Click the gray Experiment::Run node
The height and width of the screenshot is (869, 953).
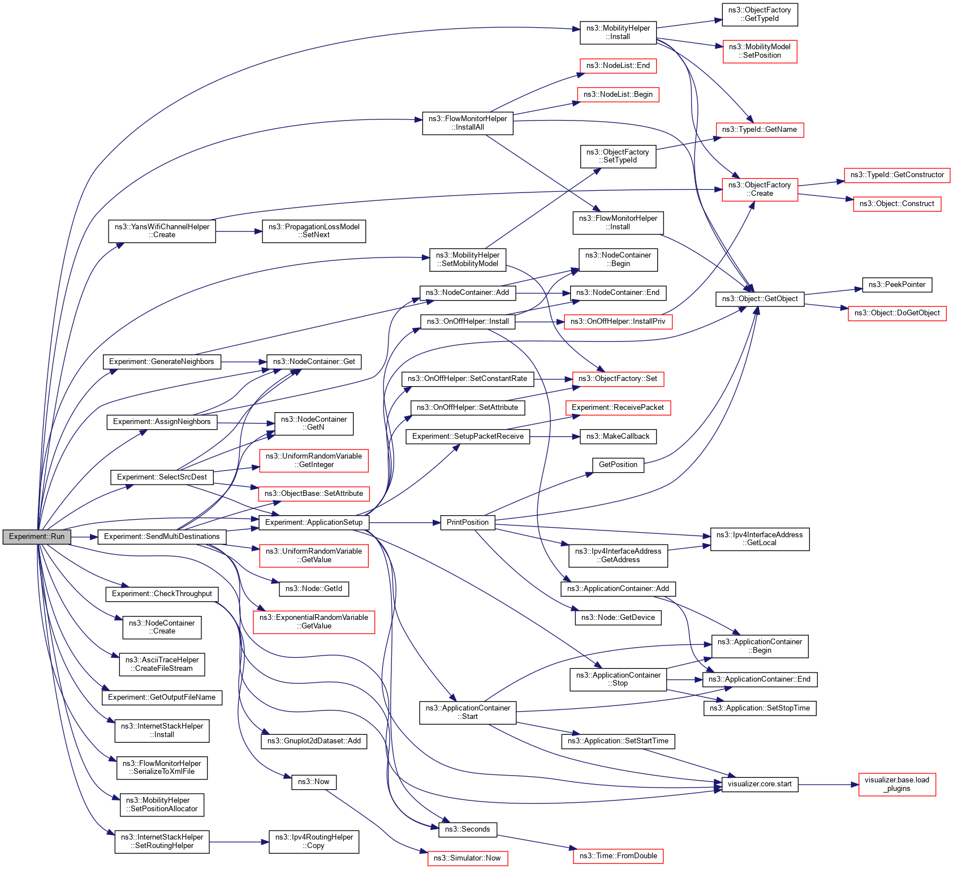pos(37,537)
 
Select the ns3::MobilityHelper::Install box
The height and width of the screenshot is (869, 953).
pos(618,32)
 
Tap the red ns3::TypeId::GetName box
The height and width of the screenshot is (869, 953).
pos(759,130)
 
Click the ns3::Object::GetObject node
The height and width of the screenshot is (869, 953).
pos(760,299)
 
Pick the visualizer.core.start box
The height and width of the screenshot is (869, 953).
pos(760,784)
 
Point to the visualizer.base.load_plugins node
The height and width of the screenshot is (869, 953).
pos(896,784)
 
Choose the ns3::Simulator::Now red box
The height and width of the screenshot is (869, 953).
pos(467,858)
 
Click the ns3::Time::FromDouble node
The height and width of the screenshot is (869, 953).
pos(618,856)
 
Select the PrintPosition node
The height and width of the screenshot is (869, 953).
pos(467,523)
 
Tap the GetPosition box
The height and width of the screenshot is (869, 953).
pos(618,465)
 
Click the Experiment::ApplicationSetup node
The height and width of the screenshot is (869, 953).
pos(313,523)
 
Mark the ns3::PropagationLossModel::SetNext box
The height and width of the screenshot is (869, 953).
pos(313,231)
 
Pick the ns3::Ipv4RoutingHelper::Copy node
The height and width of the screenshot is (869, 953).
pos(313,841)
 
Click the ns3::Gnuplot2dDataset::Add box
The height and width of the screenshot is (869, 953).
pos(313,741)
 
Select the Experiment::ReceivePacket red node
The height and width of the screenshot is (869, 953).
pos(618,408)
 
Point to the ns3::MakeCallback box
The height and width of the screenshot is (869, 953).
pos(618,436)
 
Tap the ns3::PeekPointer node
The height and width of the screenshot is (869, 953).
pos(896,285)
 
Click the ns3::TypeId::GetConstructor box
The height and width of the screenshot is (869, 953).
pos(896,175)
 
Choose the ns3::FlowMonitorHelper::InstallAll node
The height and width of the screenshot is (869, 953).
pos(467,123)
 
